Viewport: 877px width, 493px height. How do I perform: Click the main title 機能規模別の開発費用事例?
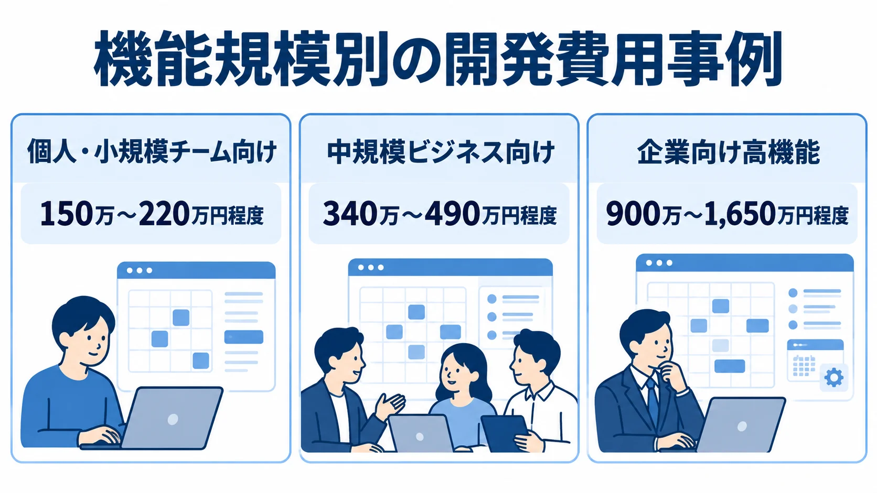pyautogui.click(x=438, y=59)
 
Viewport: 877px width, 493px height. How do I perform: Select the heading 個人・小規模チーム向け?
pyautogui.click(x=152, y=151)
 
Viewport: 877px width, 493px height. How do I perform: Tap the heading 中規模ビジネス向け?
pyautogui.click(x=441, y=151)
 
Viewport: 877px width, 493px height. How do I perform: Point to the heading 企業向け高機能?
pyautogui.click(x=728, y=151)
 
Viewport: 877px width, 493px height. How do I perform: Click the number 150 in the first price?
pyautogui.click(x=67, y=214)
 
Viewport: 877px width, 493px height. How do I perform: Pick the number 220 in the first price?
pyautogui.click(x=164, y=214)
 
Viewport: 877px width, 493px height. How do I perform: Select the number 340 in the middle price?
pyautogui.click(x=350, y=214)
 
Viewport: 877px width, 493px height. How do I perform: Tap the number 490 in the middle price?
pyautogui.click(x=452, y=214)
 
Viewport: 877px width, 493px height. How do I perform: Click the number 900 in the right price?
pyautogui.click(x=634, y=214)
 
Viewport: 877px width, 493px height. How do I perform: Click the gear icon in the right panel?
pyautogui.click(x=834, y=378)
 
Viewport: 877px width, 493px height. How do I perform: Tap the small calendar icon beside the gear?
pyautogui.click(x=804, y=366)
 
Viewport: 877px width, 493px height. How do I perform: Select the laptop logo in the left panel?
pyautogui.click(x=173, y=419)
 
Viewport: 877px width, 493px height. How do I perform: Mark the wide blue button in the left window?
pyautogui.click(x=243, y=337)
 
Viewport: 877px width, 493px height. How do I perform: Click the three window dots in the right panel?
pyautogui.click(x=659, y=262)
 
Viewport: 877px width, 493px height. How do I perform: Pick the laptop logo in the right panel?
pyautogui.click(x=742, y=426)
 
